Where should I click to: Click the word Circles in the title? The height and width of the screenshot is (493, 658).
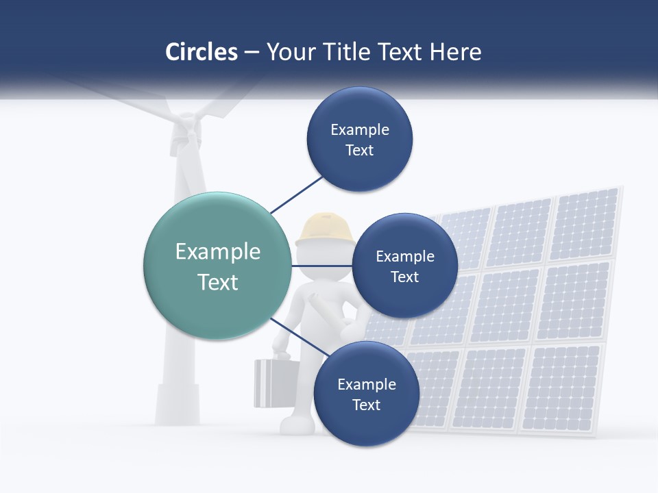pyautogui.click(x=201, y=52)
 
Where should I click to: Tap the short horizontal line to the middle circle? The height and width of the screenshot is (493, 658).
pyautogui.click(x=321, y=265)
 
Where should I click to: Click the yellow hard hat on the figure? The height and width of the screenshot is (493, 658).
pyautogui.click(x=325, y=229)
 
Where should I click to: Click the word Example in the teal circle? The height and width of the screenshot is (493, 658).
pyautogui.click(x=218, y=252)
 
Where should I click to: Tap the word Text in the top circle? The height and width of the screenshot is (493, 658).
pyautogui.click(x=360, y=151)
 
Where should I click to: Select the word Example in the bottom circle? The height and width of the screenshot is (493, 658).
pyautogui.click(x=367, y=385)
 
